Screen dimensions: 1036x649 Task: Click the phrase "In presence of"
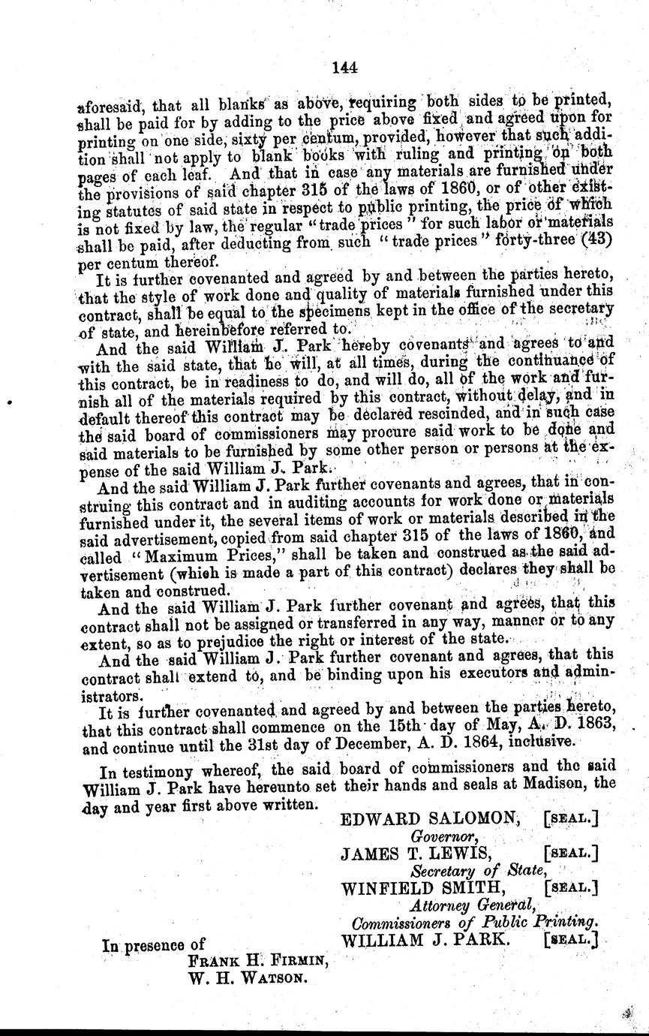[154, 945]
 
